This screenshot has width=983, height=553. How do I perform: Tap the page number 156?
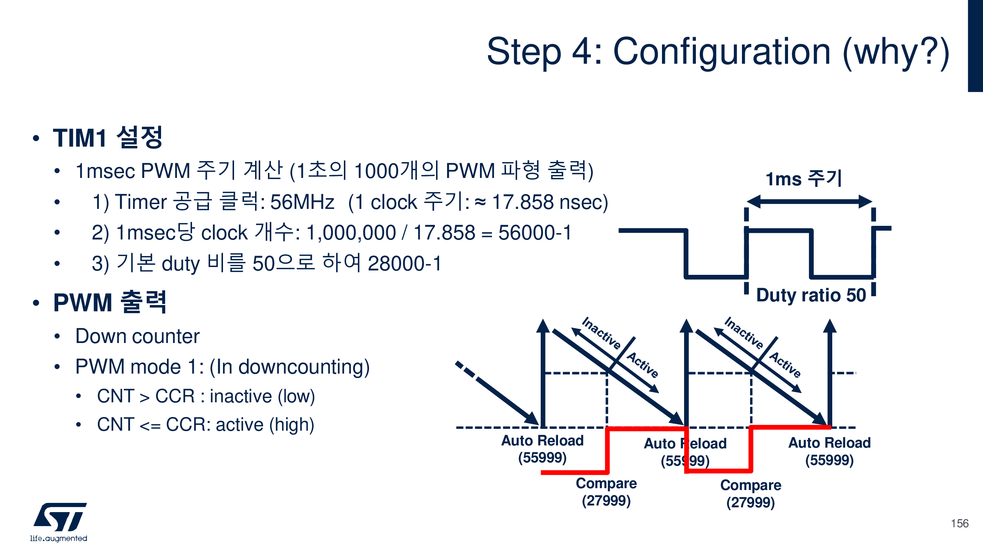[959, 523]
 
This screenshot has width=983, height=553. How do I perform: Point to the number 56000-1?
[534, 232]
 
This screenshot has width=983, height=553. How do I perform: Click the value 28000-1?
[404, 263]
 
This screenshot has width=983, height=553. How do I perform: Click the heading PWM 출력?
[110, 302]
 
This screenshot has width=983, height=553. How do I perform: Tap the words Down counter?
[137, 336]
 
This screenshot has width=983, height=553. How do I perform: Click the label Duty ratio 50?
[811, 295]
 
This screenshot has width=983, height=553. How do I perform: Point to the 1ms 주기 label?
[803, 178]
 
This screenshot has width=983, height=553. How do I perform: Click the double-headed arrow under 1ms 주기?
[809, 202]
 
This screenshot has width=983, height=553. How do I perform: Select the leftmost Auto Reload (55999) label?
[542, 449]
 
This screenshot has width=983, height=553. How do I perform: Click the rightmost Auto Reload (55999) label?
[829, 451]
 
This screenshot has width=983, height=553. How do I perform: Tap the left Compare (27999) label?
[606, 491]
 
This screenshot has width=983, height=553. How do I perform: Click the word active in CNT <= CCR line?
[239, 424]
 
